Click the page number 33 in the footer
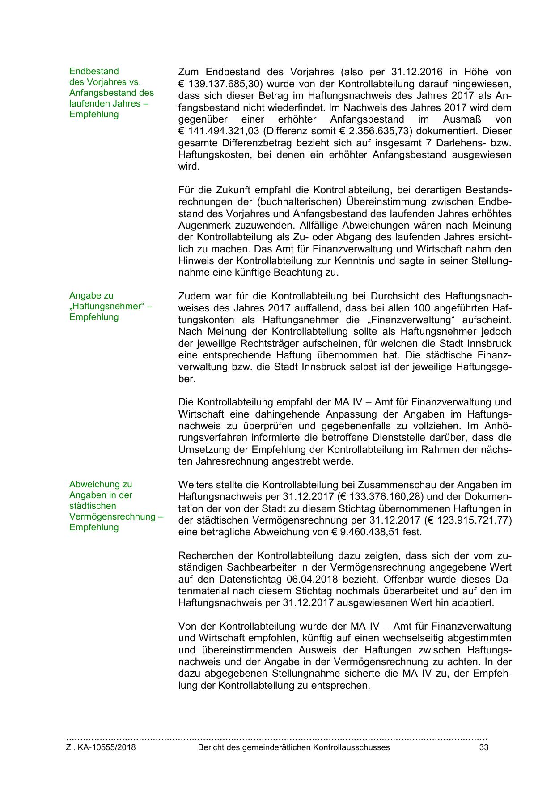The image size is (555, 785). pyautogui.click(x=483, y=747)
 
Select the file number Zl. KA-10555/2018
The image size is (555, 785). pyautogui.click(x=101, y=747)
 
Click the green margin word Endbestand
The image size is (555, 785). pyautogui.click(x=94, y=71)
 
